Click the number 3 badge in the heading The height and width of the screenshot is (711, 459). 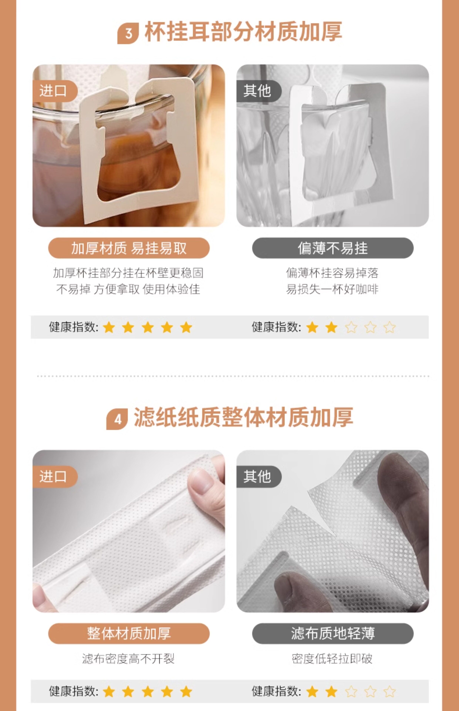point(128,33)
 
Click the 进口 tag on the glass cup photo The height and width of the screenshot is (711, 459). point(55,91)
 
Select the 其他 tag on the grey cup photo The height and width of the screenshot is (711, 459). point(258,91)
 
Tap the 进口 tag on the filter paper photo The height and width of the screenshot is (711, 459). point(55,476)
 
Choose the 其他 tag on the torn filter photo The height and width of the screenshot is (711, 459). point(258,476)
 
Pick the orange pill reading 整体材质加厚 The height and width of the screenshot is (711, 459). point(129,633)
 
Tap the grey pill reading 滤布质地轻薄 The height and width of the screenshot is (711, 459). point(333,633)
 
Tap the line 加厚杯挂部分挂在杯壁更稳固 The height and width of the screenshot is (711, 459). point(128,273)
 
